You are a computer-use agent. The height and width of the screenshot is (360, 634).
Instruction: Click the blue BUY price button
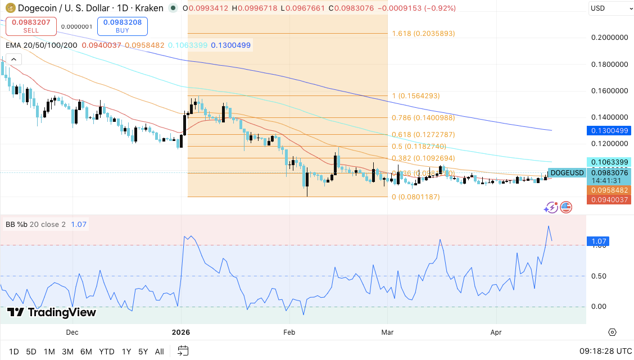click(x=122, y=26)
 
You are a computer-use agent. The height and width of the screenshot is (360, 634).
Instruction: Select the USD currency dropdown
click(x=609, y=8)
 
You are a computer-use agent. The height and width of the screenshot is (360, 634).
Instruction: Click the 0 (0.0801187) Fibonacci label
click(x=415, y=197)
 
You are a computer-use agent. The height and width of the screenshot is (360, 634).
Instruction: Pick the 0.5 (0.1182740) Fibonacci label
click(x=415, y=147)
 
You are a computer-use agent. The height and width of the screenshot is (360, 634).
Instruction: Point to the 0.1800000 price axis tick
click(x=610, y=64)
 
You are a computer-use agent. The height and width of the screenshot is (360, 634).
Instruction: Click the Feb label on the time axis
click(x=289, y=332)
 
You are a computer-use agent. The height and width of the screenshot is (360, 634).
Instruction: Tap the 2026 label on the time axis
click(x=181, y=332)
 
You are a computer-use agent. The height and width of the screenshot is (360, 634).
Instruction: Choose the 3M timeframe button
click(x=67, y=352)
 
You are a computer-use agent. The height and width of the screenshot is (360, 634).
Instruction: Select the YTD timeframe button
click(x=107, y=352)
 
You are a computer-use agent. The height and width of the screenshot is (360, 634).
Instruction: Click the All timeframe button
click(x=159, y=352)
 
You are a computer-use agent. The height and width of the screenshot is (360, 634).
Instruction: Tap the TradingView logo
click(x=52, y=313)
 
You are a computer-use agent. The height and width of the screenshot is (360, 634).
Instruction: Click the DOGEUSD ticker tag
click(x=567, y=173)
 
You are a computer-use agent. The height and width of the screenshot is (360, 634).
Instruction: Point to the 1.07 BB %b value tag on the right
click(x=597, y=241)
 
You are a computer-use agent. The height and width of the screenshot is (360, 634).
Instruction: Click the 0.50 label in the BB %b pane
click(x=599, y=276)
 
